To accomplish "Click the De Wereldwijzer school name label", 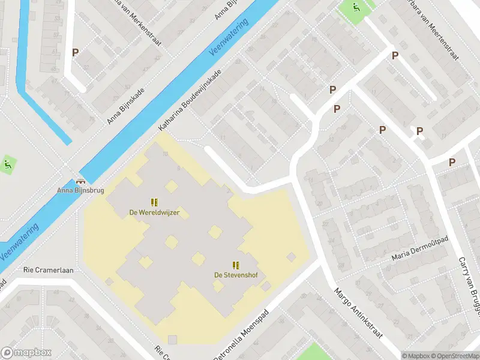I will [x=154, y=212].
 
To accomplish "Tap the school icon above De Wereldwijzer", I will [x=154, y=202].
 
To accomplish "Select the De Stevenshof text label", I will [x=235, y=275].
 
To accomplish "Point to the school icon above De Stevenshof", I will [x=235, y=265].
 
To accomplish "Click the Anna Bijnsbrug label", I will [x=80, y=191].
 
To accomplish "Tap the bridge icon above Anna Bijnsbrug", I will [x=80, y=181].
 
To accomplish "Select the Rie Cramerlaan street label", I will [x=49, y=270].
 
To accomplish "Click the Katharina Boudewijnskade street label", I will [x=190, y=100].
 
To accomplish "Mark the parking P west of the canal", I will [x=75, y=53].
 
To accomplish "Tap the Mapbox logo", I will [x=26, y=353].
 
